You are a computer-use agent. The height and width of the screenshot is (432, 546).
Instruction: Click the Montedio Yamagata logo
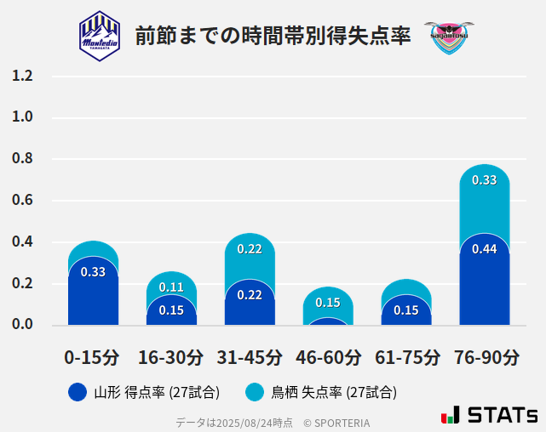pos(100,35)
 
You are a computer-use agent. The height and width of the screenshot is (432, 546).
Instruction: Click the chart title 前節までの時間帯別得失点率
pos(273,36)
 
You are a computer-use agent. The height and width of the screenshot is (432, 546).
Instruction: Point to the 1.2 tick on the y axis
pos(23,77)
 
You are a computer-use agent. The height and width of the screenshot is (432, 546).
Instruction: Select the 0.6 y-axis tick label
pos(23,201)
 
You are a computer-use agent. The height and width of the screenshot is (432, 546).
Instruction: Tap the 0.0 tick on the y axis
pos(23,324)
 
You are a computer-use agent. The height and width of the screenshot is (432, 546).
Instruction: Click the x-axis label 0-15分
pos(93,357)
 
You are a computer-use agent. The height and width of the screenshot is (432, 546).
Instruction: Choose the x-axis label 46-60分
pos(328,357)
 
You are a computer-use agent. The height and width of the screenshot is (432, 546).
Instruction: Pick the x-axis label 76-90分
pos(485,357)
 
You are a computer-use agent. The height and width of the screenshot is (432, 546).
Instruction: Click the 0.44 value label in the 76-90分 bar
pos(485,249)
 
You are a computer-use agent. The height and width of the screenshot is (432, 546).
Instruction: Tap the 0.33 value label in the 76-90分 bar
pos(485,180)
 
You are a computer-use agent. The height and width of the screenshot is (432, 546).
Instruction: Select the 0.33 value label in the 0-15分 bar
pos(93,272)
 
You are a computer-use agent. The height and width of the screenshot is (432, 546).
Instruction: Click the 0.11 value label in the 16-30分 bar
pos(171,287)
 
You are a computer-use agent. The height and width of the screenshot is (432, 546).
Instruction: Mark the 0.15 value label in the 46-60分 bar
pos(328,303)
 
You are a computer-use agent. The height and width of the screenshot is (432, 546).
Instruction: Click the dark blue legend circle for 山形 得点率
pos(78,392)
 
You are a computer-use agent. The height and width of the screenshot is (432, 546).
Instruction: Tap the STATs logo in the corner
pos(489,415)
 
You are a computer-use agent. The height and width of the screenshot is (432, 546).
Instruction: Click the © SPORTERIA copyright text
pos(336,422)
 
